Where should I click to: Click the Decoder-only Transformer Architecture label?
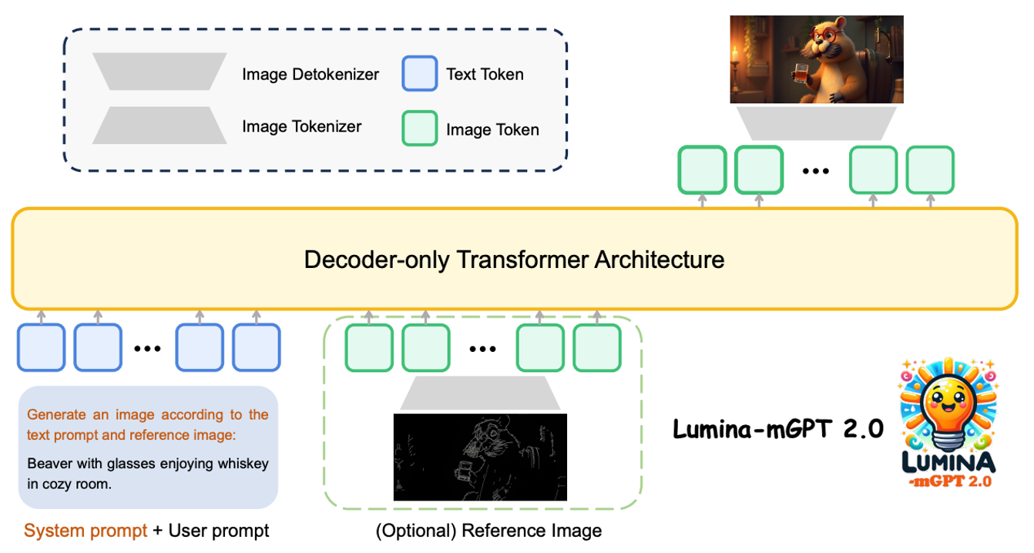pos(514,259)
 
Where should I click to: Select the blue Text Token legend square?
pos(420,74)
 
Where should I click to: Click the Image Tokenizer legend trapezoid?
pos(159,126)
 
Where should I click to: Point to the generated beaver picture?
pos(816,60)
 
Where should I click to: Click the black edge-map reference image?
pos(480,457)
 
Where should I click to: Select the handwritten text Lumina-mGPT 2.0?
pos(777,428)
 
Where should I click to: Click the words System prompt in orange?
pos(85,531)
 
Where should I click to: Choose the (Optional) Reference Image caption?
pos(488,531)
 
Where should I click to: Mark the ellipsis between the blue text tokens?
pos(147,348)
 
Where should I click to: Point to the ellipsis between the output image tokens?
pos(815,170)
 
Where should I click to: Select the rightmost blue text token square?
pos(257,348)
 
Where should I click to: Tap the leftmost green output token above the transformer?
pos(702,169)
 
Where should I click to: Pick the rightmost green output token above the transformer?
pos(930,169)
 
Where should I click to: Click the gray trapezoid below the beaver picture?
pos(816,122)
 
